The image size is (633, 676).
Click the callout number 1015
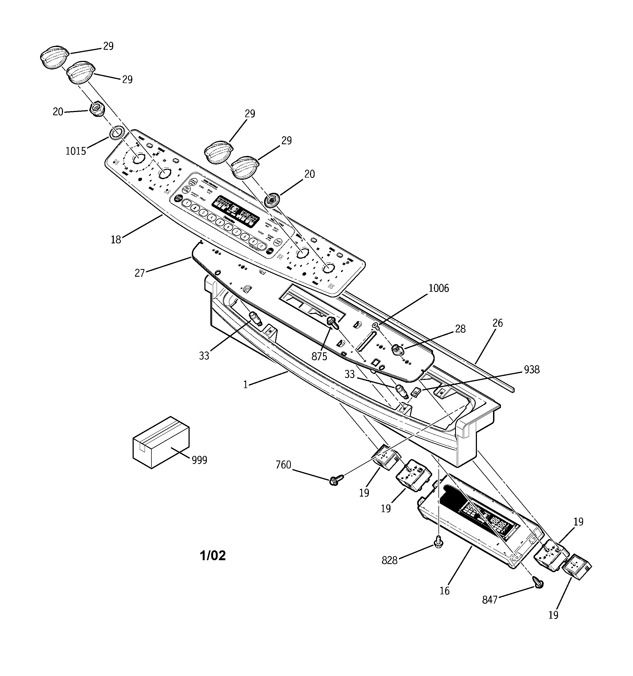coord(75,151)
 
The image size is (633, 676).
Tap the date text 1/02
coord(213,556)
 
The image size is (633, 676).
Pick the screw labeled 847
coord(538,583)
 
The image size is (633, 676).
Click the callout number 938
coord(532,370)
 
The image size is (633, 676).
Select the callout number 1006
coord(439,288)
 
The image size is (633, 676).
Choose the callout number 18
coord(116,240)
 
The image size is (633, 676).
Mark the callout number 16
coord(444,591)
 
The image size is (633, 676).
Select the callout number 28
coord(460,329)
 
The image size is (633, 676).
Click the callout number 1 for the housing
coord(245,384)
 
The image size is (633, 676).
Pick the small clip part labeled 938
coord(415,393)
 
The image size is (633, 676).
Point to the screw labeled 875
coord(332,322)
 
